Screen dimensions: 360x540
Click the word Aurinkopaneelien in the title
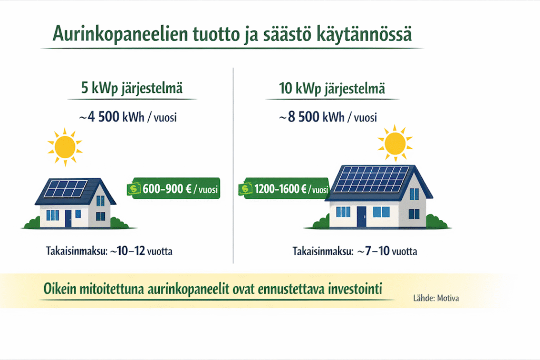click(x=113, y=35)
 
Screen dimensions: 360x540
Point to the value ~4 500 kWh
click(x=112, y=117)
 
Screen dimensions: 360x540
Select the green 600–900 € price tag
click(x=174, y=189)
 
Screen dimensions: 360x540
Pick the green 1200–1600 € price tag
click(x=285, y=189)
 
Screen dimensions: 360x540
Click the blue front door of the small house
click(x=68, y=218)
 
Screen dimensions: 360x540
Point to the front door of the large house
click(x=361, y=216)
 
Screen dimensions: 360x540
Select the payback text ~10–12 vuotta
click(x=141, y=252)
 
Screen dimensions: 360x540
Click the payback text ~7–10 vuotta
click(x=387, y=252)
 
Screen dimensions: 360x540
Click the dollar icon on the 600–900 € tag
click(x=134, y=189)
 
